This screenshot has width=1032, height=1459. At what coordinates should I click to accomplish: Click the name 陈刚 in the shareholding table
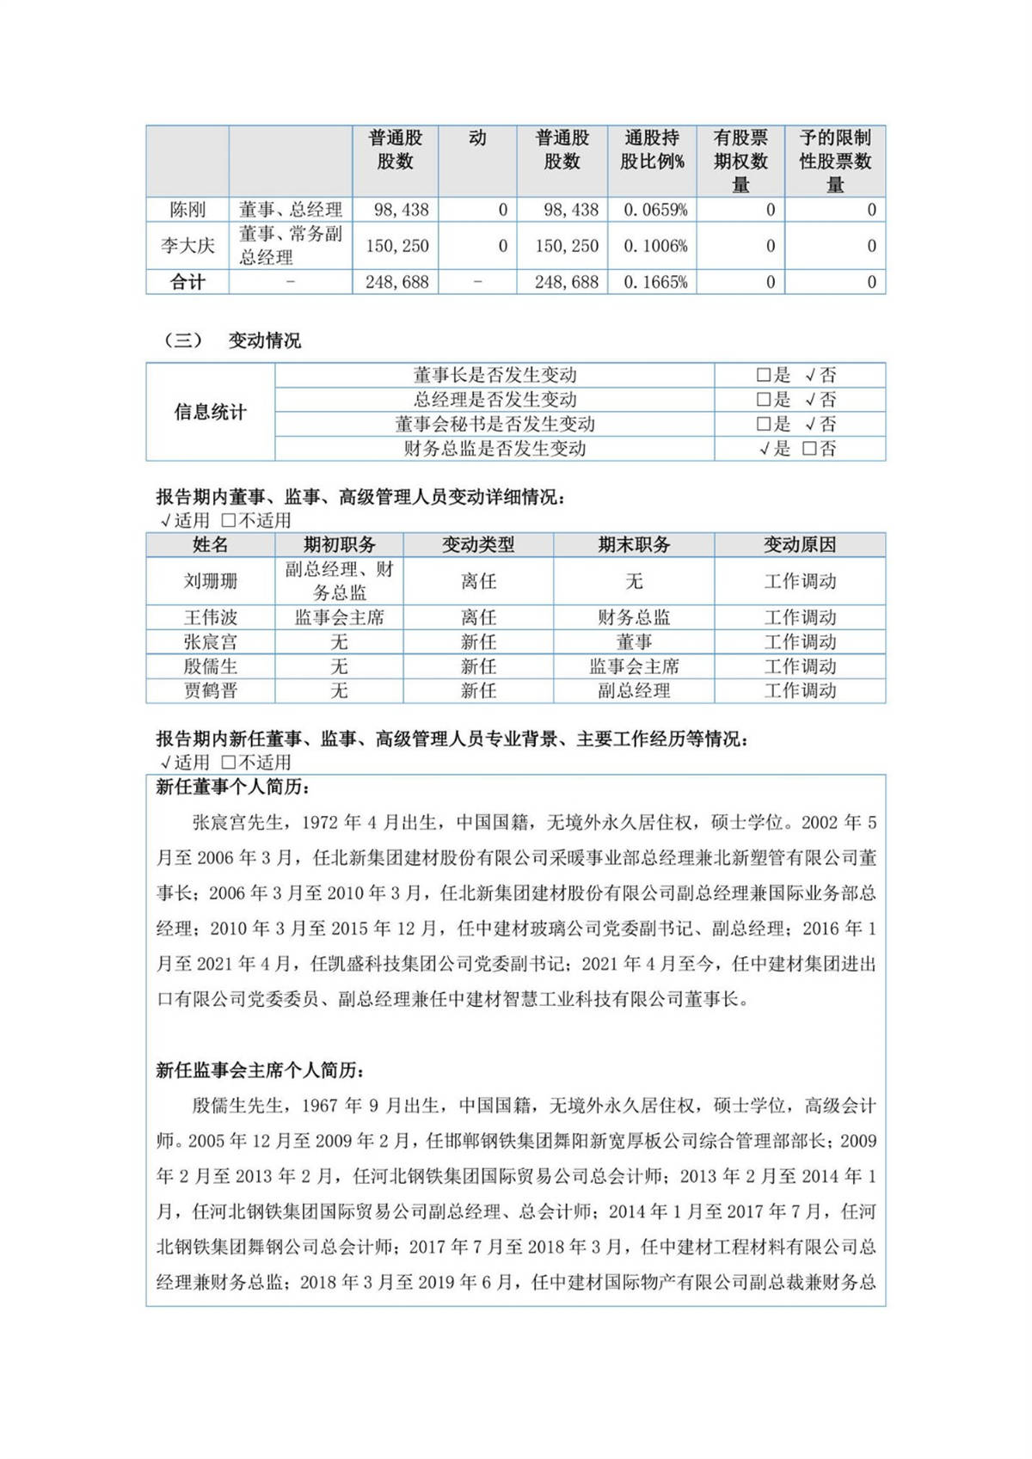pyautogui.click(x=187, y=210)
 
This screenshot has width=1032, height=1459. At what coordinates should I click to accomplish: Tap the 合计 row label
pyautogui.click(x=187, y=282)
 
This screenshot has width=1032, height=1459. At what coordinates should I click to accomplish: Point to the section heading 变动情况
pyautogui.click(x=264, y=341)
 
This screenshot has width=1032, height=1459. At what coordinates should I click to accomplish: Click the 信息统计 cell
pyautogui.click(x=210, y=413)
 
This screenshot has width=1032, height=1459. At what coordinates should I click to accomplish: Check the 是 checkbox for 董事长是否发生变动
pyautogui.click(x=763, y=376)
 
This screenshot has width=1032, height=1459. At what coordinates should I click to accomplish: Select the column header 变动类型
pyautogui.click(x=478, y=545)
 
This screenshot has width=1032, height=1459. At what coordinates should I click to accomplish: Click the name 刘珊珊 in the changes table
pyautogui.click(x=210, y=581)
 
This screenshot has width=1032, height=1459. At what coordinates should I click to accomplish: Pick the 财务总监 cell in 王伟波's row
pyautogui.click(x=634, y=617)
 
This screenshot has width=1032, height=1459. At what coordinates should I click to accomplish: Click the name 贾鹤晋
pyautogui.click(x=210, y=691)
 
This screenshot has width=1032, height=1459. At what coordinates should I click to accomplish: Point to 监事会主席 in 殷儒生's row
pyautogui.click(x=634, y=666)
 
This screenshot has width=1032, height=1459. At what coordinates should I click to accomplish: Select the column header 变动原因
pyautogui.click(x=800, y=545)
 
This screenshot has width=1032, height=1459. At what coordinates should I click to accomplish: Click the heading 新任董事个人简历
pyautogui.click(x=233, y=788)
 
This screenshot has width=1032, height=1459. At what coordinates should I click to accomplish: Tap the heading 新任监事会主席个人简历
pyautogui.click(x=261, y=1070)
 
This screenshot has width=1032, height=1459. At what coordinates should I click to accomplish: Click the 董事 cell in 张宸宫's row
pyautogui.click(x=634, y=642)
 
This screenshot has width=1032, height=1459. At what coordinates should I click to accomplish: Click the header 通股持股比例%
pyautogui.click(x=652, y=150)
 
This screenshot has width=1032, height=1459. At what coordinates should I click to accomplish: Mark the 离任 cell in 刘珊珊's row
pyautogui.click(x=478, y=581)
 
